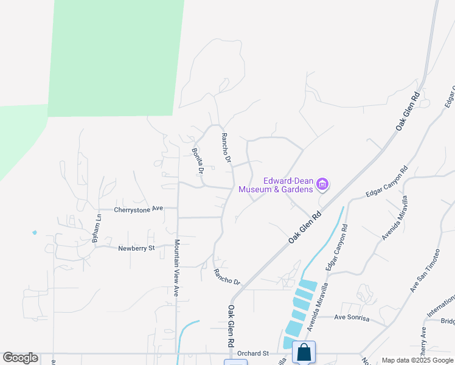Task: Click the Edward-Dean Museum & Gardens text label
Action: point(276,184)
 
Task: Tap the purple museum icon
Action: point(323,184)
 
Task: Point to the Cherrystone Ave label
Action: point(139,209)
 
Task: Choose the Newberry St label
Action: point(137,248)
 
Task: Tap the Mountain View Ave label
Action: point(176,268)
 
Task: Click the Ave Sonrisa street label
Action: point(352,317)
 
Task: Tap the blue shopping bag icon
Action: point(304,352)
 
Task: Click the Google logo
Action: point(20,358)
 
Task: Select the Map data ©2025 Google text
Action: point(417,360)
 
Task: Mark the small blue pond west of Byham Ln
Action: point(34,232)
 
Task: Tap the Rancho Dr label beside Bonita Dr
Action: point(226,148)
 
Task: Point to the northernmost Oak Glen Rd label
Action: point(408,111)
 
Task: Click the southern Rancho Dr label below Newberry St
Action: point(227,277)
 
